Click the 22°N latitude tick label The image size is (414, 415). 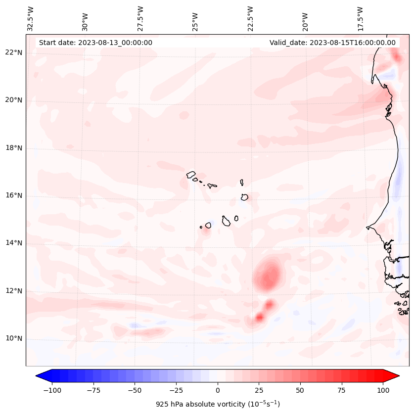[14, 52]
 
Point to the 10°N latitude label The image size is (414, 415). [14, 339]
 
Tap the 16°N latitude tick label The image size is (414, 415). [14, 196]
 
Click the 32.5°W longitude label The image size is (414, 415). [31, 18]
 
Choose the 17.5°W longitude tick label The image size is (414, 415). [360, 18]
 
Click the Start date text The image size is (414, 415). [95, 43]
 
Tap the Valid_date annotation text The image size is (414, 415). [332, 43]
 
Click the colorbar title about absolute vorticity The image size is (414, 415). [218, 404]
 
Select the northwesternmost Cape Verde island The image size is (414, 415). [191, 174]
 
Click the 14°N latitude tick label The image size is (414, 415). [14, 243]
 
